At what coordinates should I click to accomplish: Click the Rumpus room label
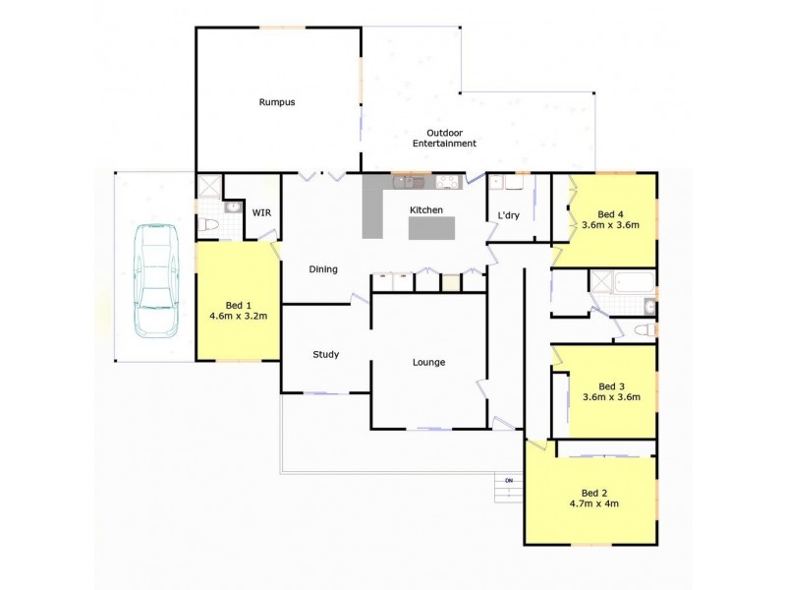(x=277, y=102)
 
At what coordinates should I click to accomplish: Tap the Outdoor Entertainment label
(x=451, y=138)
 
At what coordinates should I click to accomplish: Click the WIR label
(x=261, y=212)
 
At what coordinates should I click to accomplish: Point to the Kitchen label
(x=426, y=210)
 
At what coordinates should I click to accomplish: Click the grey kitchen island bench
(x=433, y=228)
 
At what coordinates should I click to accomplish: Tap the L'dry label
(x=508, y=215)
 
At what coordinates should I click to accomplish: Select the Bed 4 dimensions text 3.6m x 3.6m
(x=611, y=225)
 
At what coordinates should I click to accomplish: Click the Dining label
(x=323, y=269)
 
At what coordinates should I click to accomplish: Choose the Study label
(x=326, y=355)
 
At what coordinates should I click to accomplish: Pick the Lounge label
(x=428, y=363)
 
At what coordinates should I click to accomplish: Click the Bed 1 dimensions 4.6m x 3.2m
(x=239, y=317)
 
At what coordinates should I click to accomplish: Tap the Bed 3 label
(x=611, y=386)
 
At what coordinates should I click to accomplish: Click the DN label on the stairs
(x=509, y=480)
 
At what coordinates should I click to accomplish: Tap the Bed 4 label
(x=611, y=213)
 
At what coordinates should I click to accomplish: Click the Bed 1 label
(x=239, y=305)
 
